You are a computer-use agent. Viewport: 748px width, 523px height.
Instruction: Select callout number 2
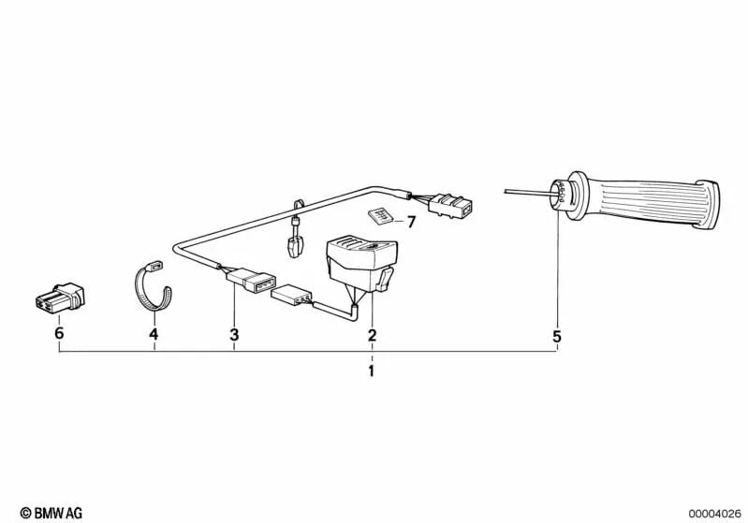(x=372, y=335)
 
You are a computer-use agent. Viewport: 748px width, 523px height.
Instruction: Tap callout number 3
(x=234, y=335)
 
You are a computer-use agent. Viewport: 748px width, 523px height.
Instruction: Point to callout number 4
(x=154, y=334)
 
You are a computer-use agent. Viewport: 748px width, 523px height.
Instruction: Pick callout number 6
(x=59, y=334)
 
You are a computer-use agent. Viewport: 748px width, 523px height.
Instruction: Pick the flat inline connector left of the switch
(x=291, y=298)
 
